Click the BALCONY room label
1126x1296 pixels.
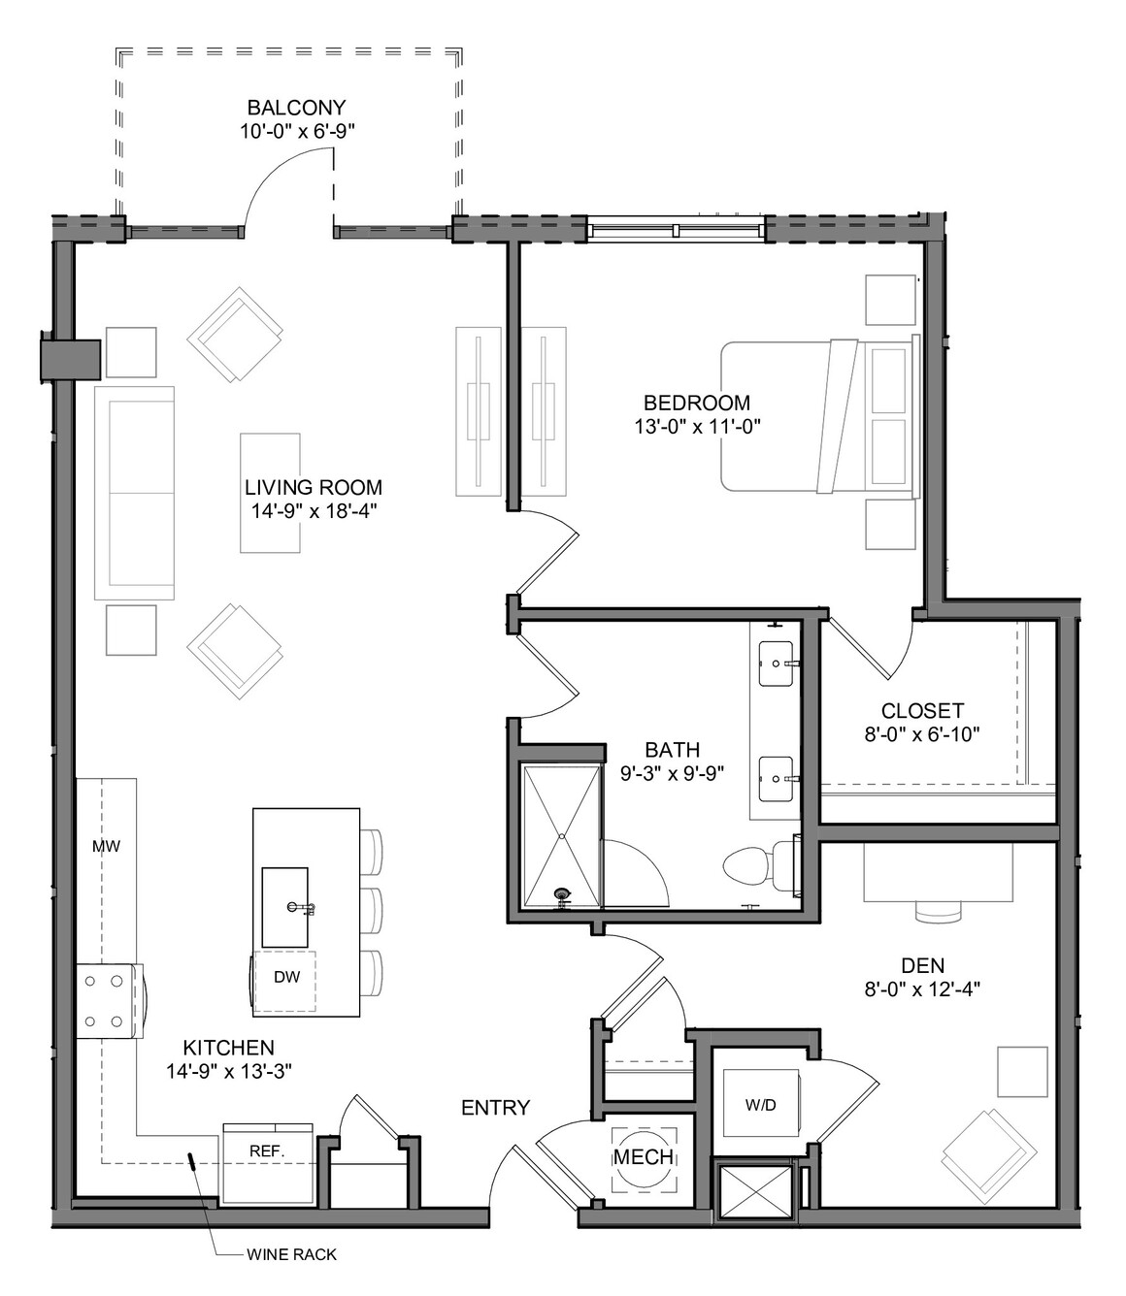[297, 107]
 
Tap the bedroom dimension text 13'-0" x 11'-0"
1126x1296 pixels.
[697, 426]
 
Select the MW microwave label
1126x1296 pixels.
[106, 846]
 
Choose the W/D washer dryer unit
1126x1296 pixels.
[761, 1105]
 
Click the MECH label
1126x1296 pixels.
[644, 1156]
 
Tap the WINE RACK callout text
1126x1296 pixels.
[291, 1254]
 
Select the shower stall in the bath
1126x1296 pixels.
[561, 837]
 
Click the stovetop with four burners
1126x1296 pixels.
[109, 1001]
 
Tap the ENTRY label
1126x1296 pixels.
[495, 1107]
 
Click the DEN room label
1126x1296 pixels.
[922, 965]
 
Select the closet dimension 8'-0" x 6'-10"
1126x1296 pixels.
[922, 734]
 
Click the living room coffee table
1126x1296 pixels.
[270, 493]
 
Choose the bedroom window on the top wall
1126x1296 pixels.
[676, 229]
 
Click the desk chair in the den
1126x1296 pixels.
[938, 911]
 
